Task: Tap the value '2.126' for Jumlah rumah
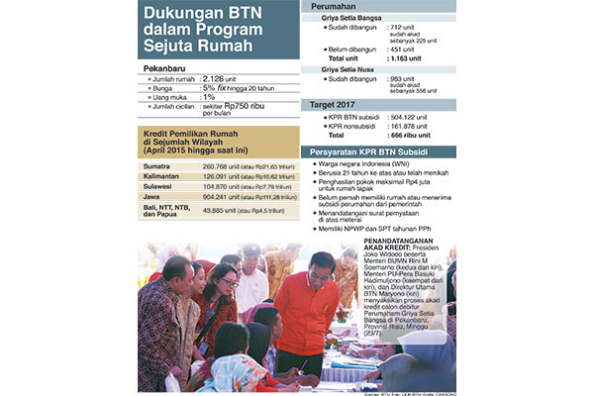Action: click(x=218, y=78)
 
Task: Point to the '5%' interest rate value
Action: click(x=211, y=87)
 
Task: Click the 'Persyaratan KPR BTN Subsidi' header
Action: click(x=385, y=152)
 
